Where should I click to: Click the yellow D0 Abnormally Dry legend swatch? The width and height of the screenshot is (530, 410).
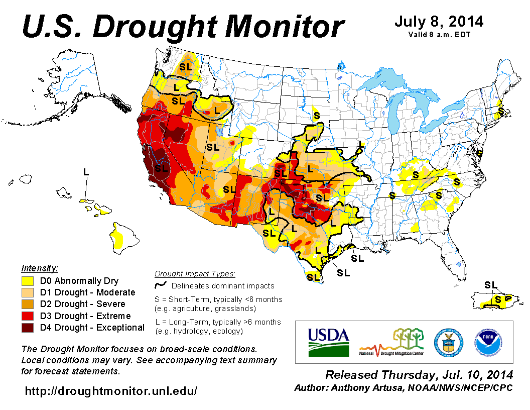click(x=28, y=281)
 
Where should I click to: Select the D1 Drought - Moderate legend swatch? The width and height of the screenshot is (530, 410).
click(x=28, y=292)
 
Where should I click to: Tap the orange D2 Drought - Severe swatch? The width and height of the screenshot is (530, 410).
click(x=28, y=304)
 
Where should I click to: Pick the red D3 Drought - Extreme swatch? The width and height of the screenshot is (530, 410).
click(x=28, y=316)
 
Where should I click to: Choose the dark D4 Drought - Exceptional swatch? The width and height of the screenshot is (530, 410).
click(x=28, y=328)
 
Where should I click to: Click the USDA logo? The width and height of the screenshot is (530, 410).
click(x=328, y=342)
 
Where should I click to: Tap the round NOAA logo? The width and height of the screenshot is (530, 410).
click(x=485, y=342)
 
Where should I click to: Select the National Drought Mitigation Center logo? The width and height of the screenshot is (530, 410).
click(x=391, y=342)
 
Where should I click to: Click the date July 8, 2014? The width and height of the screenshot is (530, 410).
click(x=439, y=22)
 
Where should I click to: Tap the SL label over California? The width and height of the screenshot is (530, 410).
click(x=161, y=168)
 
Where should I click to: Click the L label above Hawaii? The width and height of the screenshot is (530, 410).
click(x=86, y=172)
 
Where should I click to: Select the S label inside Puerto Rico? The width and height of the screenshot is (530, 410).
click(x=498, y=299)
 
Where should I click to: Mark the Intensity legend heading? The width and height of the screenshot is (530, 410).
click(x=40, y=268)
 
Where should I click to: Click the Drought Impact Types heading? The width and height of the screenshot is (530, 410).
click(x=195, y=274)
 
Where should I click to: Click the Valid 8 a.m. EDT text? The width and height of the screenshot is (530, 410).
click(x=439, y=35)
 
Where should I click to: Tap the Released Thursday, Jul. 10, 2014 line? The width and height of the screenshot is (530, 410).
click(x=419, y=375)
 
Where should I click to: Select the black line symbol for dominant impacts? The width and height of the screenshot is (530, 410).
click(x=161, y=285)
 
